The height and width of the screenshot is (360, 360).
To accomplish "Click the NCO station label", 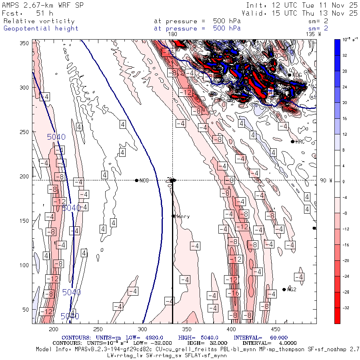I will click(x=144, y=181).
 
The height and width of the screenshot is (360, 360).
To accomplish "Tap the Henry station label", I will click(x=182, y=216).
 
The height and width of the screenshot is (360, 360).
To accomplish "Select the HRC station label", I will click(x=300, y=142).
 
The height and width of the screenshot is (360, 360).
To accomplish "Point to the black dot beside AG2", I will click(x=284, y=290).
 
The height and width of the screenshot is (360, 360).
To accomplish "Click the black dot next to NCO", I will click(x=137, y=180).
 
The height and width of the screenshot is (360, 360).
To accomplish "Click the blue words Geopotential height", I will click(x=41, y=28).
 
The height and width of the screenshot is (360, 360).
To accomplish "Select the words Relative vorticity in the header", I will click(x=39, y=21).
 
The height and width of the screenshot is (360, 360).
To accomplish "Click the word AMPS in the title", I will click(x=11, y=5).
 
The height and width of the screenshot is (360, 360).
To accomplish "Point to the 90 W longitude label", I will click(x=326, y=181).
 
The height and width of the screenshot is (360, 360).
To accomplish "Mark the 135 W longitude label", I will click(x=313, y=34).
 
